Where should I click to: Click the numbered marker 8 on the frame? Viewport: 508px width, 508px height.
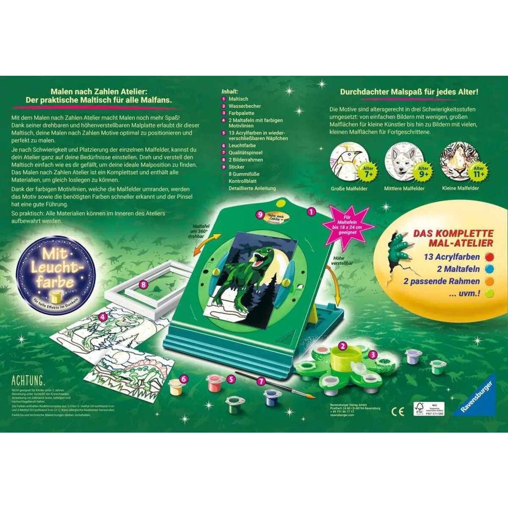[x=144, y=284]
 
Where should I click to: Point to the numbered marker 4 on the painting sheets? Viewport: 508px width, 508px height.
[x=102, y=317]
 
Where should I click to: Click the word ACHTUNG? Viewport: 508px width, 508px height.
[x=28, y=379]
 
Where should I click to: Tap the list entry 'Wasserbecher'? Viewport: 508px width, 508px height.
[x=245, y=106]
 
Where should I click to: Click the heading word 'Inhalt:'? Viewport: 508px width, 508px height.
[x=229, y=91]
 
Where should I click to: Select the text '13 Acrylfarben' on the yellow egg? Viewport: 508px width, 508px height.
[x=452, y=257]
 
